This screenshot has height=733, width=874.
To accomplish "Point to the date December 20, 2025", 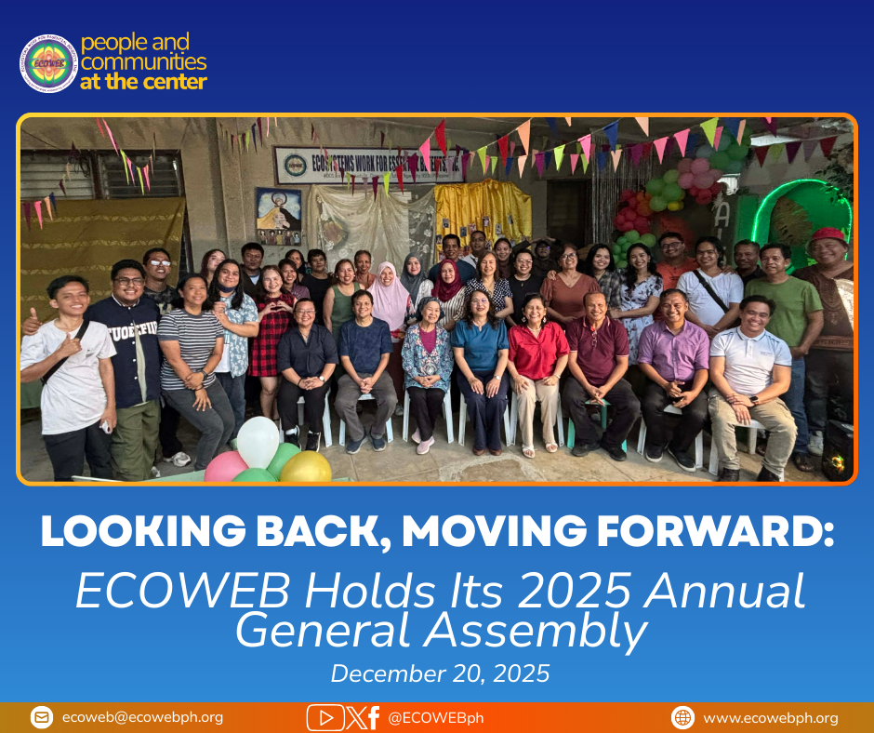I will point(440,673).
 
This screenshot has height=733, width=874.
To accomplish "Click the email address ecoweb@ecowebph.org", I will point(142,717).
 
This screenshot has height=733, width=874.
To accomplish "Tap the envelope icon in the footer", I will point(42,717).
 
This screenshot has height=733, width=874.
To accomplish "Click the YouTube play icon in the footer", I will point(325,717).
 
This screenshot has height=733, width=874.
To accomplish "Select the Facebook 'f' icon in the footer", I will point(372,717).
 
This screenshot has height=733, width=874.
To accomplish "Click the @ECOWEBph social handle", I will point(435,717).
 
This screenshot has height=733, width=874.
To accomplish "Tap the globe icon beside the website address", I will point(683,717).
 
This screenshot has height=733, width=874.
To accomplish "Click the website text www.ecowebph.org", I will point(770,717).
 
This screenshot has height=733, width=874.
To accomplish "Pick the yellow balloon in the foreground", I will point(305,467).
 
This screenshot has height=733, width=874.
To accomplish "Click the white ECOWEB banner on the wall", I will point(369,165).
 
